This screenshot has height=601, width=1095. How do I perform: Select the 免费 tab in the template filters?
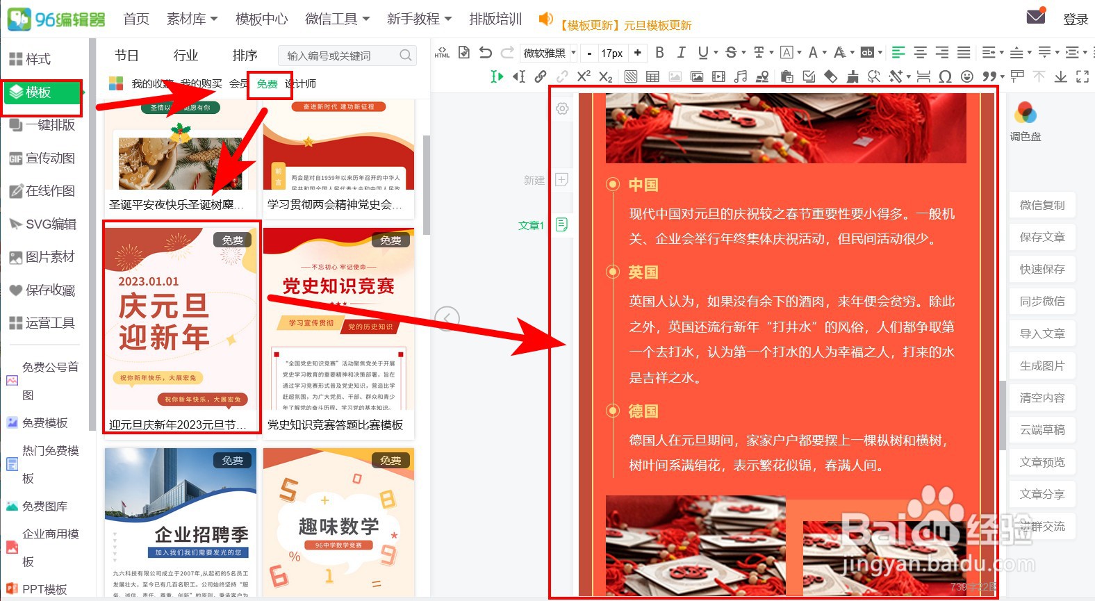click(x=267, y=84)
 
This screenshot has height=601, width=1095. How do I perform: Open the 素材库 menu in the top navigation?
click(x=192, y=19)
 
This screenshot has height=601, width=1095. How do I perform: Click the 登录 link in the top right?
click(x=1075, y=19)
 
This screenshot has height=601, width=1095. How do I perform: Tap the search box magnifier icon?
click(x=406, y=56)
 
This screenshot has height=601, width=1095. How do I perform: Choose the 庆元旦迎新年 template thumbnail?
click(x=181, y=320)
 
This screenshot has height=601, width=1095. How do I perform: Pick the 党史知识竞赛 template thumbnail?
click(x=338, y=320)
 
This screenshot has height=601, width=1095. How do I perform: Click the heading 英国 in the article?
click(x=643, y=272)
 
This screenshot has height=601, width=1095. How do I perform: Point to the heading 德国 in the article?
click(x=643, y=411)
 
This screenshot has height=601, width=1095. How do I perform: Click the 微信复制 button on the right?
click(x=1042, y=205)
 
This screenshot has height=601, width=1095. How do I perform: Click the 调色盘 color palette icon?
click(x=1026, y=113)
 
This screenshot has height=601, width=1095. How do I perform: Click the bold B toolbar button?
click(x=659, y=53)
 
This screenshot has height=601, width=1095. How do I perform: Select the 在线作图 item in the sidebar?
click(x=49, y=191)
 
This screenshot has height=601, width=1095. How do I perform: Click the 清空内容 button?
click(x=1042, y=398)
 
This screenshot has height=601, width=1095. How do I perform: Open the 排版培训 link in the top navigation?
click(x=495, y=19)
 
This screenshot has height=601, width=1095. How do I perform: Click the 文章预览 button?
click(x=1042, y=462)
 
